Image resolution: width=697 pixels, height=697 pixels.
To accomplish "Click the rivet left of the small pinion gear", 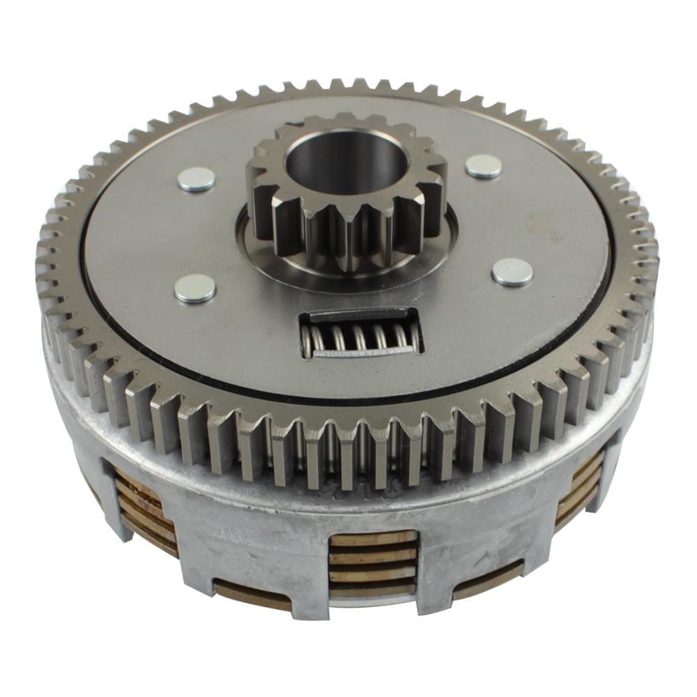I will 196,179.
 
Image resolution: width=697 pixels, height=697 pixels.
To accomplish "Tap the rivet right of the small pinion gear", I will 484,166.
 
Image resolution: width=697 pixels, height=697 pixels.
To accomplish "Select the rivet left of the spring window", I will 194,288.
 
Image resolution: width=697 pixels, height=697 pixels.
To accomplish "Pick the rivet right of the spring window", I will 512,272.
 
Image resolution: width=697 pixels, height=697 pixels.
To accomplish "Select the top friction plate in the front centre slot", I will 373,538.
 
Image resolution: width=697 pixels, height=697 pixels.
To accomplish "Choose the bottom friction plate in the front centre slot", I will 373,589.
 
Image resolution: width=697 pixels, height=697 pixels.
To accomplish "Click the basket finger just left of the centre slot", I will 293,558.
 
